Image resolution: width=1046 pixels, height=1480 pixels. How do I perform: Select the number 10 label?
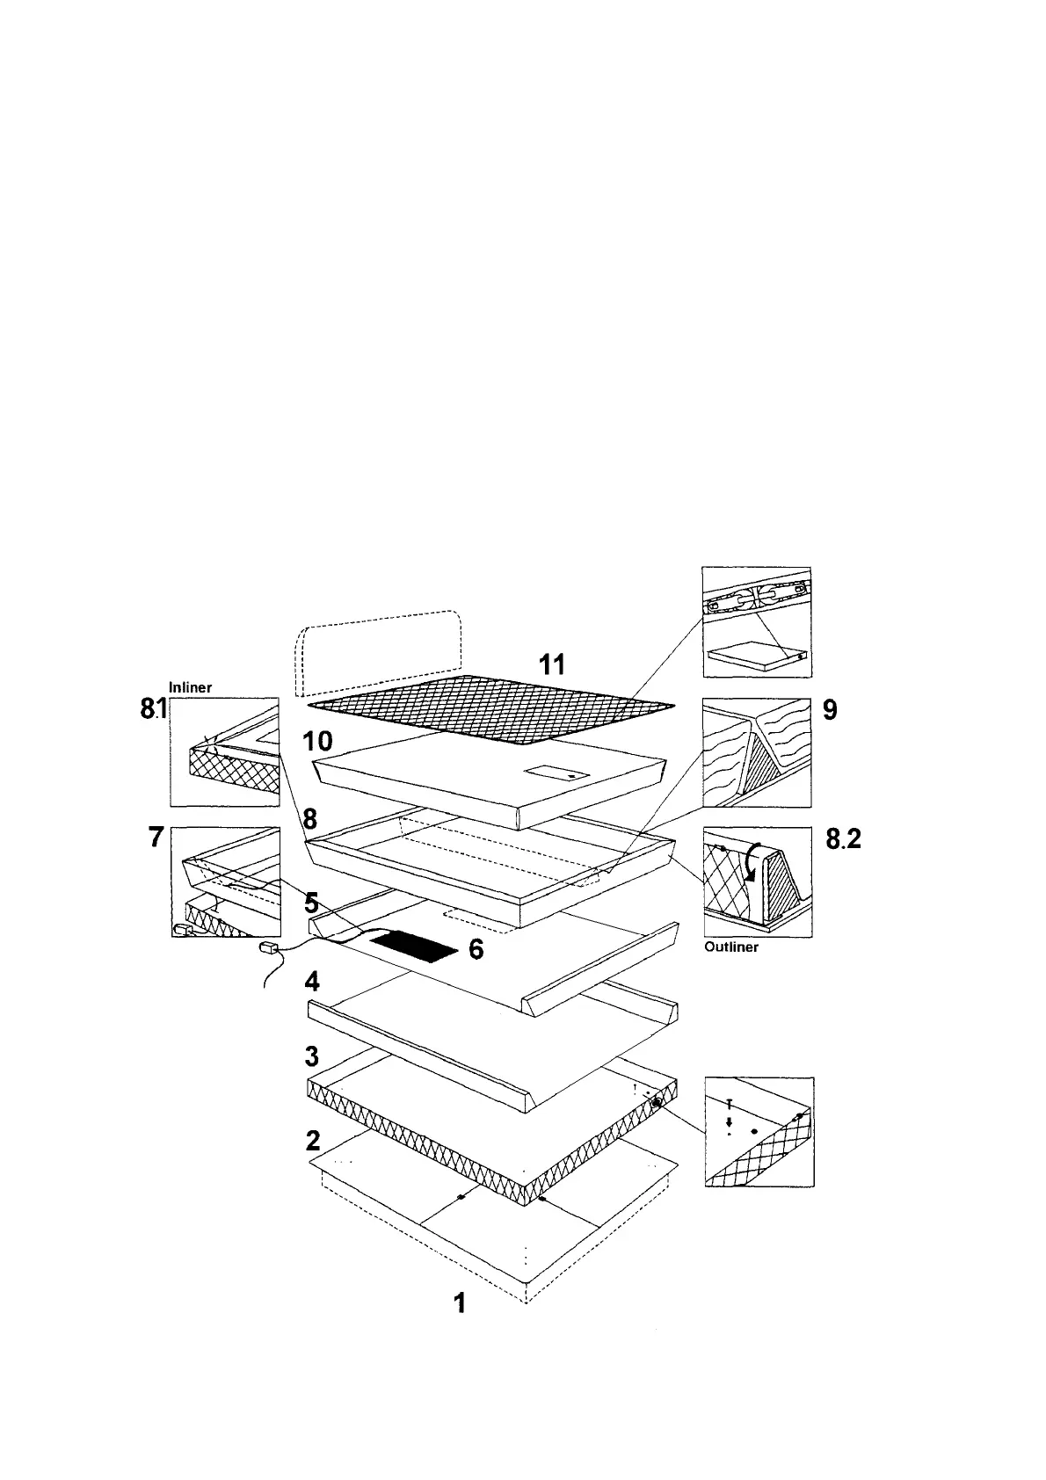point(317,741)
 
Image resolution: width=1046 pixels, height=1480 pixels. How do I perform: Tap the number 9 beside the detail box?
point(828,709)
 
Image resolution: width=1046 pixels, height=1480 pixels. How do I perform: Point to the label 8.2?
point(843,840)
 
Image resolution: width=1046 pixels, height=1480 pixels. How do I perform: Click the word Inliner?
point(190,688)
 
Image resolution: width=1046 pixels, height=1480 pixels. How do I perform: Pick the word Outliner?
point(731,947)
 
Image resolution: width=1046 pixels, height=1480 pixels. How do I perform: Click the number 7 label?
point(156,838)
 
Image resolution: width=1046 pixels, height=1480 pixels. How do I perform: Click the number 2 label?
point(313,1140)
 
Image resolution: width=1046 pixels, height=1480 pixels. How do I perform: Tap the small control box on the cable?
point(268,948)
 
